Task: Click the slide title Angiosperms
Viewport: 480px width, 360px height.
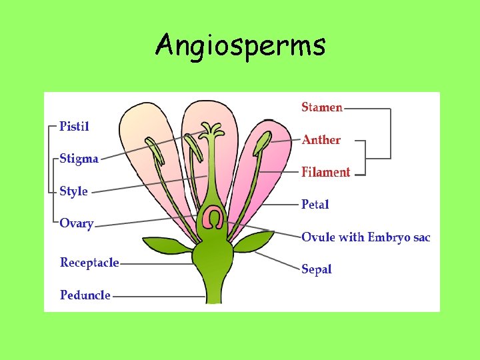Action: (240, 46)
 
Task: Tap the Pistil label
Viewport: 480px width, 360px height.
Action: (74, 126)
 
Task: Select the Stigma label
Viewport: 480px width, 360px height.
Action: (79, 159)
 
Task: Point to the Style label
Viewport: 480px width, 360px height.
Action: (73, 191)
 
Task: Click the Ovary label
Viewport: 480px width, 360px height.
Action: (77, 223)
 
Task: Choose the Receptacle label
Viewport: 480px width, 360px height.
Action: (89, 263)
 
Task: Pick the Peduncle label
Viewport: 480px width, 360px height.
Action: (85, 295)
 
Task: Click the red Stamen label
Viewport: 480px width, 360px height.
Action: (322, 107)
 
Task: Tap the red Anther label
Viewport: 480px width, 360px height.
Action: (321, 140)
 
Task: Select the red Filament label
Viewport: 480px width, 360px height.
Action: (326, 172)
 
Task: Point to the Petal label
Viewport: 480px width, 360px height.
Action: (315, 205)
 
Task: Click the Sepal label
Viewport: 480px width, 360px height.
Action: (317, 269)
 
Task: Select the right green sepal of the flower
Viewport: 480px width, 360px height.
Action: (255, 241)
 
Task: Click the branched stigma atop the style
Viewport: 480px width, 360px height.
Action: (213, 130)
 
